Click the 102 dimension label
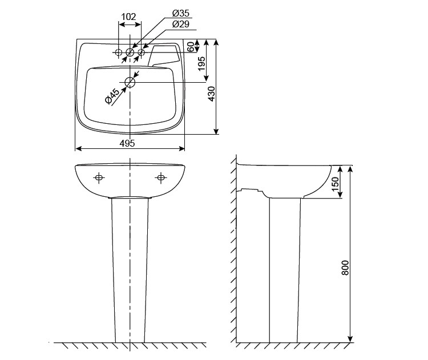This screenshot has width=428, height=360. coord(128,17)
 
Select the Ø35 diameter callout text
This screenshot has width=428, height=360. coord(181,13)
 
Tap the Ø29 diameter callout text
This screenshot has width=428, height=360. coord(181,24)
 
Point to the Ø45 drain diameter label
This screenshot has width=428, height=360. coord(112,96)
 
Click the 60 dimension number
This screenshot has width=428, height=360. coord(191,47)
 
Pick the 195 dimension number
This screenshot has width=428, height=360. coord(201,63)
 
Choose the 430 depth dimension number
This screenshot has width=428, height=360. coord(212,94)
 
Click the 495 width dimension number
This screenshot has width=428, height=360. coord(127,143)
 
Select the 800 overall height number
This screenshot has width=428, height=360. coord(345,268)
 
